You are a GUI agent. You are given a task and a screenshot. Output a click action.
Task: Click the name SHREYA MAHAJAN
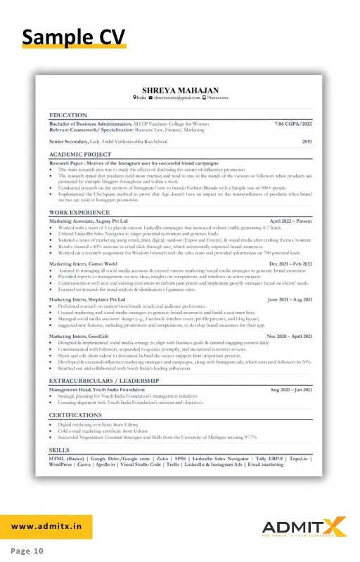click(x=180, y=90)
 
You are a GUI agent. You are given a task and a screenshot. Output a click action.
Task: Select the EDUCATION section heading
click(x=68, y=114)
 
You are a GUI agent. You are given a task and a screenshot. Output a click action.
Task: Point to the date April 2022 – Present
click(x=290, y=221)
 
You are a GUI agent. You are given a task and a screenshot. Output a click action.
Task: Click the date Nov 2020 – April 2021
click(x=288, y=336)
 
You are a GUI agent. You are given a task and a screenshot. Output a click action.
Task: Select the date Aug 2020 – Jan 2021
click(x=290, y=388)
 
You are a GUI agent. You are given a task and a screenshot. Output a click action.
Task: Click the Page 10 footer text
click(x=27, y=551)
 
